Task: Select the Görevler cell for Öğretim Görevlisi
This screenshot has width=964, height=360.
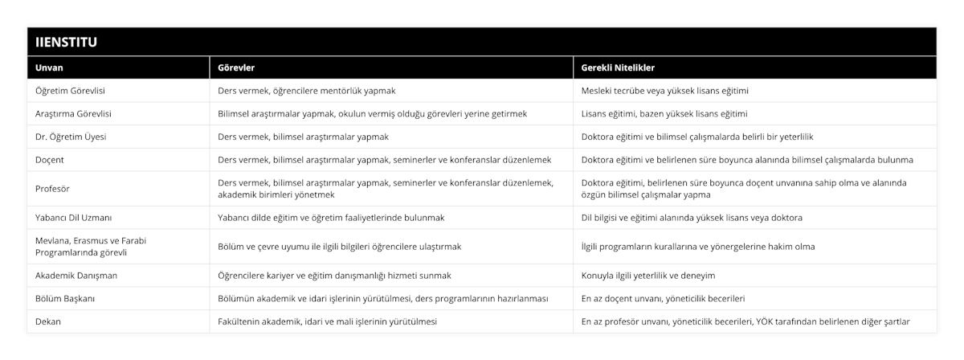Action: (307, 91)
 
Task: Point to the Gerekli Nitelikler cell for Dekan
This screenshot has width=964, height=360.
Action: (745, 321)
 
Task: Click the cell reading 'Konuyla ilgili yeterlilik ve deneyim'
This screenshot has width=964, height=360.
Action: (648, 275)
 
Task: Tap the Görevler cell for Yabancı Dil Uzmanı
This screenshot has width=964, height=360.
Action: (332, 218)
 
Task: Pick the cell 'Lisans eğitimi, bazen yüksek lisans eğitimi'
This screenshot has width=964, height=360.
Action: (664, 114)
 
